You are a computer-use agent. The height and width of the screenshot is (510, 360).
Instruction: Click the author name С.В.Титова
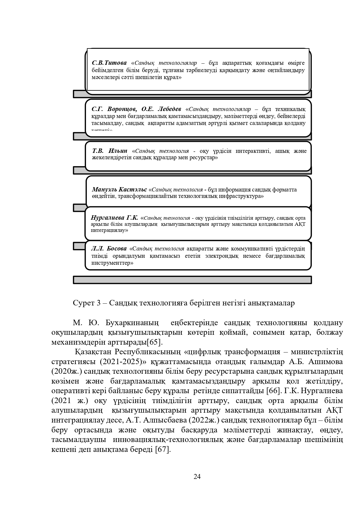coord(109,63)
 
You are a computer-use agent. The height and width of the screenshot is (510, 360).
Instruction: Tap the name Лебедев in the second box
coord(169,109)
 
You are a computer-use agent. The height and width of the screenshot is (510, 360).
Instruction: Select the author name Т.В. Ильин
coord(110,151)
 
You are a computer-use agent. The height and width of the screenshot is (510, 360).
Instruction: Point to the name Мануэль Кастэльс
coord(119,190)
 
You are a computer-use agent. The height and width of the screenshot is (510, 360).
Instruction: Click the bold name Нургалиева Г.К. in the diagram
coord(114,218)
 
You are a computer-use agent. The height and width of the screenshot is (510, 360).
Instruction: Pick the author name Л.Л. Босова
coord(109,249)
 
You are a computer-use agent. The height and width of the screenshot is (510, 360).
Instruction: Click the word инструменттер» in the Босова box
coord(112,263)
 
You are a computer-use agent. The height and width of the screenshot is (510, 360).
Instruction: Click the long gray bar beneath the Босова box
coord(192,280)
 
